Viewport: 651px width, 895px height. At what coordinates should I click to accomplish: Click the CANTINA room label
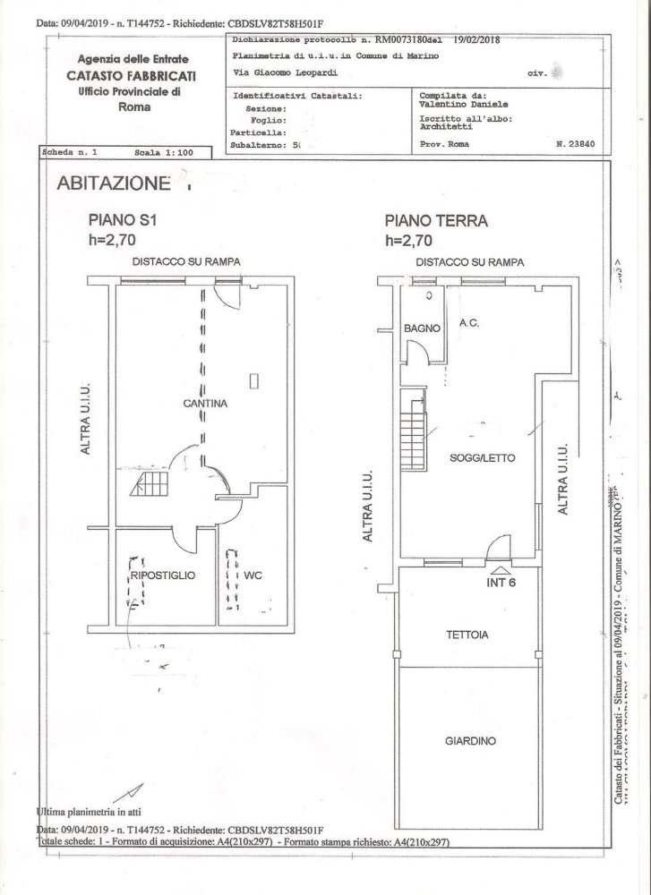pos(205,404)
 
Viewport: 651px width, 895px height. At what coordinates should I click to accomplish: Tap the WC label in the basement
pos(252,575)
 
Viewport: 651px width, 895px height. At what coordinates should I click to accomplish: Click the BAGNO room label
pos(421,328)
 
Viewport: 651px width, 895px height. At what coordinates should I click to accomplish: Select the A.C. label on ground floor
pos(469,323)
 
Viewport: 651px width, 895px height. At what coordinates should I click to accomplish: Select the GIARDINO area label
pos(471,741)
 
